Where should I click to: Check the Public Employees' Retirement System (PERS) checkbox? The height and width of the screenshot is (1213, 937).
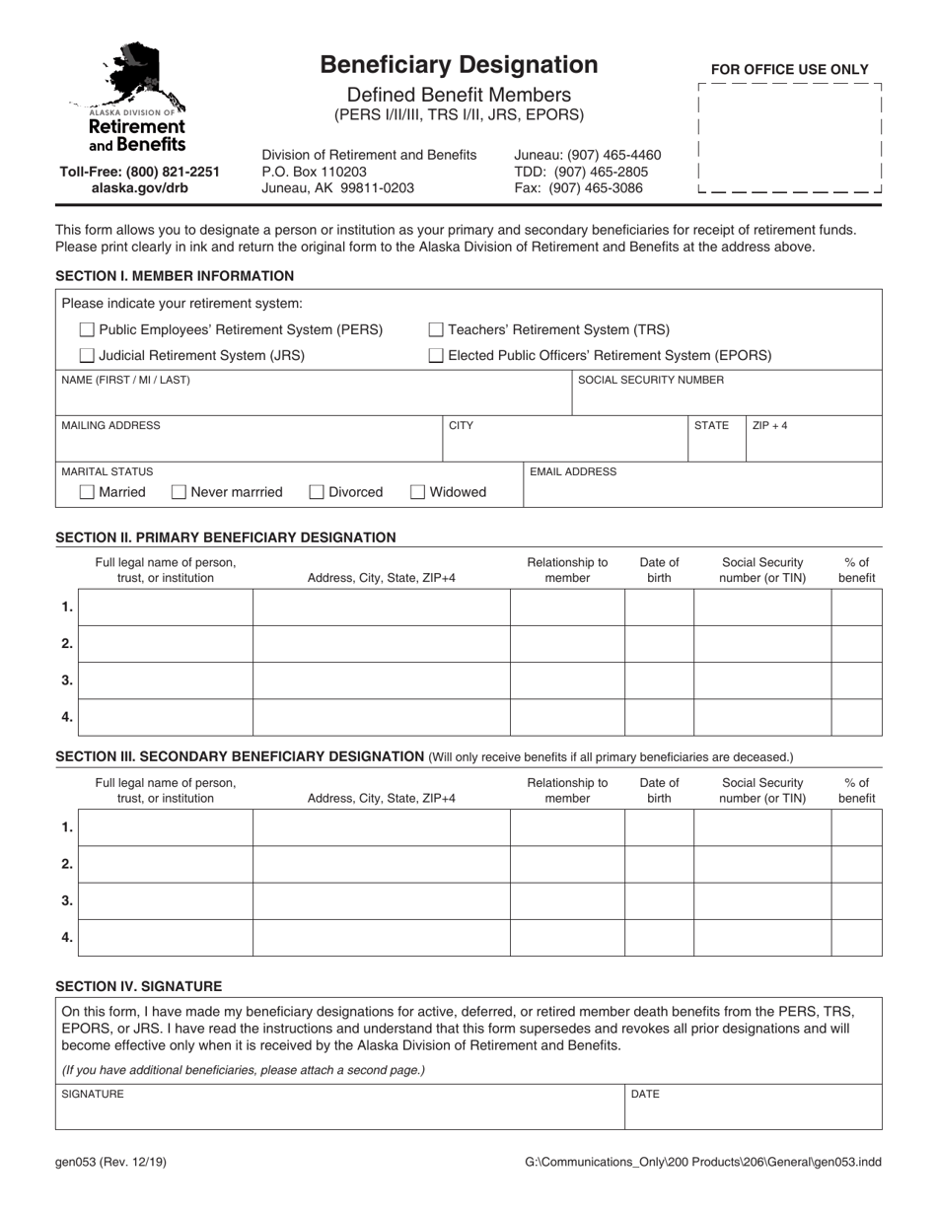(87, 330)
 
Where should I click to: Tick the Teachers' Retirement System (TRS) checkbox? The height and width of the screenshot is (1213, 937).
(436, 330)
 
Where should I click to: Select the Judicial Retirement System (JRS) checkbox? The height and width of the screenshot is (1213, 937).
(87, 355)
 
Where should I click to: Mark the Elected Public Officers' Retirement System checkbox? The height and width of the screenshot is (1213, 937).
(436, 355)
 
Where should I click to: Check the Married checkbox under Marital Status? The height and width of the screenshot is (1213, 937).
(87, 492)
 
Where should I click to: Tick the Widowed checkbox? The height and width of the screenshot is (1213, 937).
(417, 492)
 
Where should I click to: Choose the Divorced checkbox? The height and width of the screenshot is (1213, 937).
(317, 492)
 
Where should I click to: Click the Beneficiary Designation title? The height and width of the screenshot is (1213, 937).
(459, 65)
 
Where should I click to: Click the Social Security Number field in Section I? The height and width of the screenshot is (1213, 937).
(726, 399)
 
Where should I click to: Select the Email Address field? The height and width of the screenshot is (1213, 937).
(701, 491)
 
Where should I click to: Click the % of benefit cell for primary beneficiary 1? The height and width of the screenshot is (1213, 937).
(856, 607)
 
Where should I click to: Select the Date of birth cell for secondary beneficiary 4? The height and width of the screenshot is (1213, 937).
(659, 938)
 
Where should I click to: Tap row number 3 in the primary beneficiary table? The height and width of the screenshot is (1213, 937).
(67, 680)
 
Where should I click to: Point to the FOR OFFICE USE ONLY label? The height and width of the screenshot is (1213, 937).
(790, 70)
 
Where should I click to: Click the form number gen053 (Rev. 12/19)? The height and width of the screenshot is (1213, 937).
(110, 1162)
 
